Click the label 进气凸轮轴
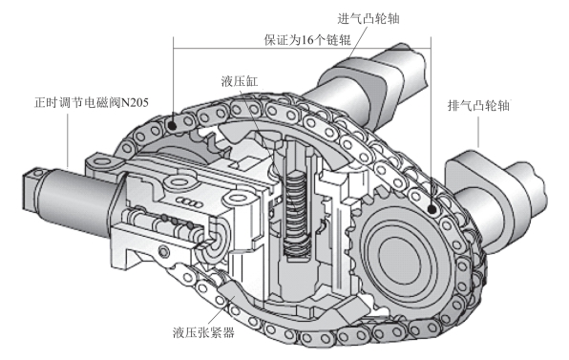pyautogui.click(x=369, y=18)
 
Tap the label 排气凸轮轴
pyautogui.click(x=478, y=106)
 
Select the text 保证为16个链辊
pyautogui.click(x=307, y=39)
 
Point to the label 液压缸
pyautogui.click(x=240, y=81)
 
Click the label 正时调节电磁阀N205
pyautogui.click(x=92, y=102)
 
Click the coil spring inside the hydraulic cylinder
pyautogui.click(x=297, y=214)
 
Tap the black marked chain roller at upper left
pyautogui.click(x=173, y=126)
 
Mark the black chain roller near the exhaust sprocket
pyautogui.click(x=432, y=209)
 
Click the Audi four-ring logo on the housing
pyautogui.click(x=189, y=202)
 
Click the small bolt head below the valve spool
pyautogui.click(x=164, y=251)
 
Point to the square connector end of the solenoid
pyautogui.click(x=32, y=188)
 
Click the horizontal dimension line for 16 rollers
pyautogui.click(x=302, y=49)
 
